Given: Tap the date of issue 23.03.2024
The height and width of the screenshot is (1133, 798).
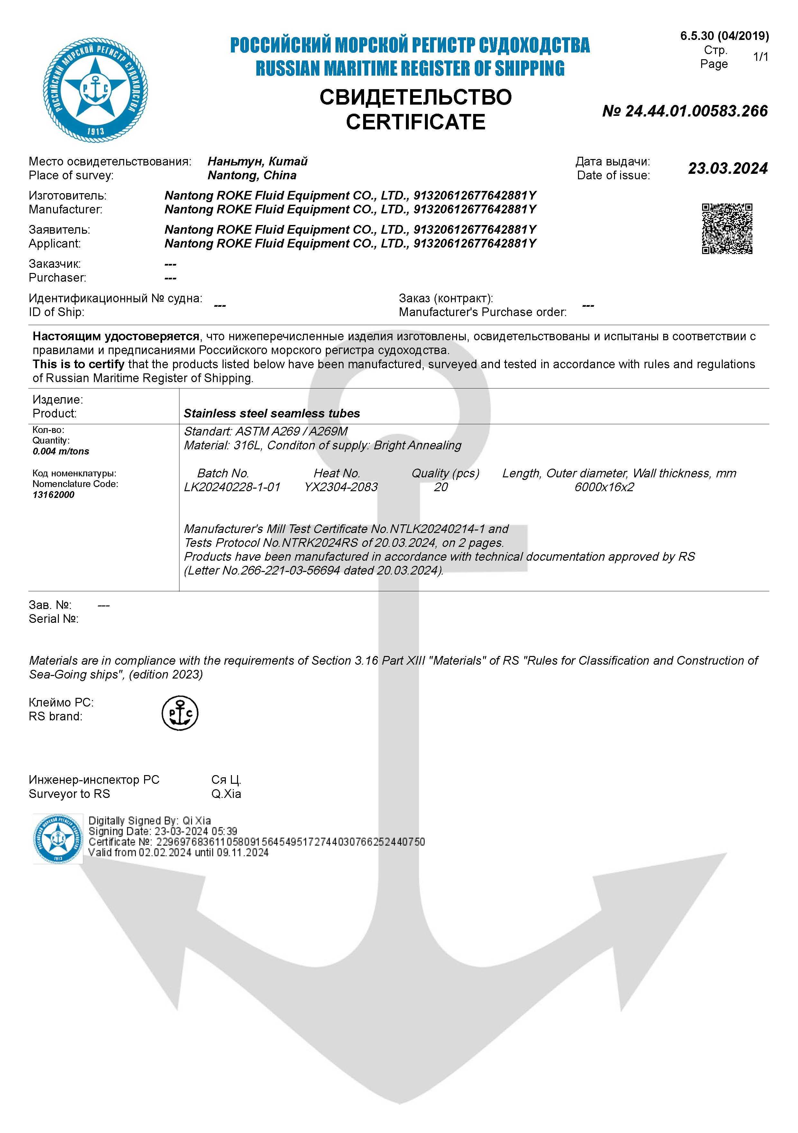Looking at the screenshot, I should click(728, 168).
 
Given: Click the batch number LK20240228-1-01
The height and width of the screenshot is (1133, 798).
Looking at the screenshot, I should click(232, 487).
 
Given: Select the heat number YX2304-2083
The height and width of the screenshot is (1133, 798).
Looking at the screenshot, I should click(341, 487).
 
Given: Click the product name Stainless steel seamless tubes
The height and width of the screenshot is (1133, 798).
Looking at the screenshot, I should click(272, 414).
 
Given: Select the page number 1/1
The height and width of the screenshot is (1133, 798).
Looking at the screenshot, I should click(760, 57).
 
